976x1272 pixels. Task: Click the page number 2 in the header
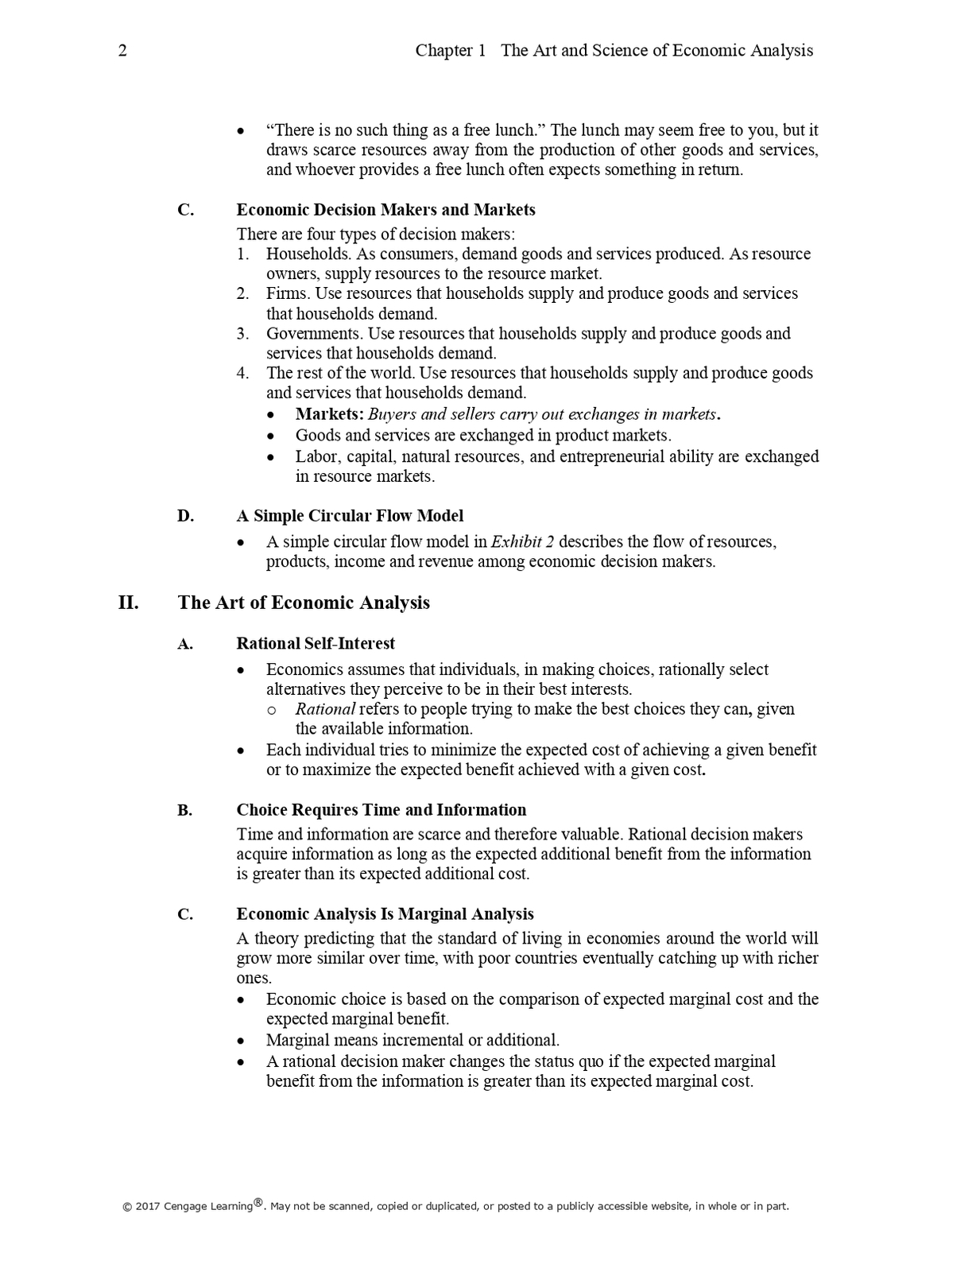pyautogui.click(x=122, y=51)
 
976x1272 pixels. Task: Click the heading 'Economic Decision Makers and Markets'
pyautogui.click(x=385, y=210)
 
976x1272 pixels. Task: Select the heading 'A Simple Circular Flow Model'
pyautogui.click(x=350, y=516)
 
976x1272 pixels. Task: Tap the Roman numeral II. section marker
pyautogui.click(x=129, y=603)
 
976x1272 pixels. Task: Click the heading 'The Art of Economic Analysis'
pyautogui.click(x=304, y=603)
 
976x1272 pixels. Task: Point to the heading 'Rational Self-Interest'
pyautogui.click(x=316, y=643)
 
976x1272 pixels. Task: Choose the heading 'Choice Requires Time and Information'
pyautogui.click(x=381, y=810)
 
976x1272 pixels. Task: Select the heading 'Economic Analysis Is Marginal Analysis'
pyautogui.click(x=385, y=914)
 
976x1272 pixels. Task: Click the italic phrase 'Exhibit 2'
pyautogui.click(x=522, y=542)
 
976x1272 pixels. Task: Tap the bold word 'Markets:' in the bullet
pyautogui.click(x=330, y=414)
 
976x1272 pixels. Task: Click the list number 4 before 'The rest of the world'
pyautogui.click(x=242, y=373)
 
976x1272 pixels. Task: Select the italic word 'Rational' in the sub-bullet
pyautogui.click(x=324, y=709)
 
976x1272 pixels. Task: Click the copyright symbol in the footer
pyautogui.click(x=127, y=1207)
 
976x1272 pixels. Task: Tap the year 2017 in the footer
pyautogui.click(x=148, y=1207)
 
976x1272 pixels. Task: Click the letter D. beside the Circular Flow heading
pyautogui.click(x=185, y=516)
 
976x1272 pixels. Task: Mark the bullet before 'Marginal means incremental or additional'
pyautogui.click(x=242, y=1041)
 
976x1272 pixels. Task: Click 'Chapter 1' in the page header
pyautogui.click(x=450, y=51)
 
